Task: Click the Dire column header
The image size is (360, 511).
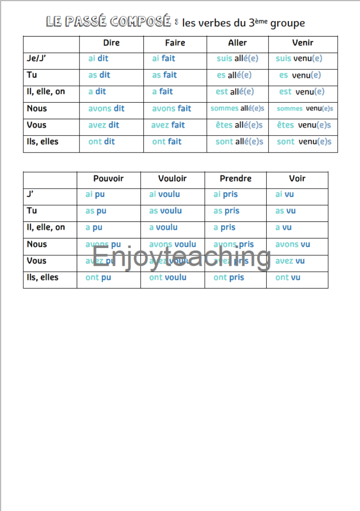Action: click(x=111, y=43)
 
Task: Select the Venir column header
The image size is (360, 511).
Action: click(x=302, y=43)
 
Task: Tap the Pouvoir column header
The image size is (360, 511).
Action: click(x=108, y=179)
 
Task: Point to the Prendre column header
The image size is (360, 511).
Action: click(x=235, y=179)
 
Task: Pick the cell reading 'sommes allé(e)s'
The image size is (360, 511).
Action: click(x=237, y=109)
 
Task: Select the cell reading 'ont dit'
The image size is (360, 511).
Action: click(x=101, y=142)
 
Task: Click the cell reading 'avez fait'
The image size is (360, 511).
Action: click(x=168, y=125)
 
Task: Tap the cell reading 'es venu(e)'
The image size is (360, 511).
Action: click(x=300, y=75)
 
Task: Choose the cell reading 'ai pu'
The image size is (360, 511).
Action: click(x=95, y=195)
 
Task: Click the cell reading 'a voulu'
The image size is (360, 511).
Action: click(x=163, y=227)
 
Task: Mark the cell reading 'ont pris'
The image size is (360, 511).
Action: click(x=229, y=278)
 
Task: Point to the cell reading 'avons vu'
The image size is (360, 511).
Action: click(x=292, y=244)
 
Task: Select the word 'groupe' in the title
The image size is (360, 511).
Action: click(x=287, y=23)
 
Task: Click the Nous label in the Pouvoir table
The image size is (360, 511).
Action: click(x=37, y=244)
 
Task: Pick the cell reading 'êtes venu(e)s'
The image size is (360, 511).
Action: click(x=304, y=125)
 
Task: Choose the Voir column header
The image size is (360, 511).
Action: click(x=297, y=179)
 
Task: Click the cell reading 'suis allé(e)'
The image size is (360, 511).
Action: click(x=237, y=58)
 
